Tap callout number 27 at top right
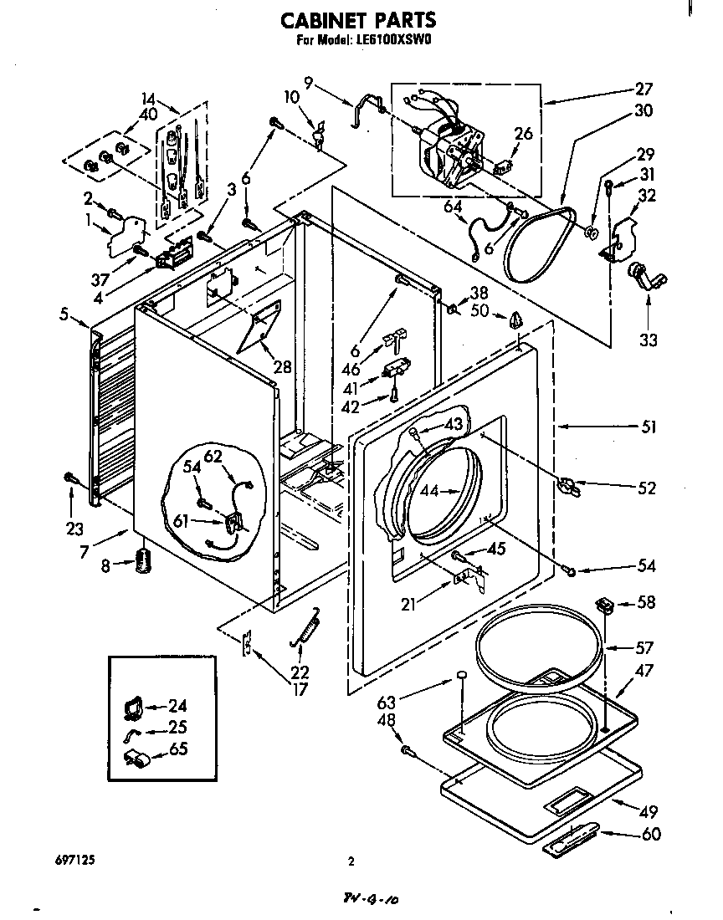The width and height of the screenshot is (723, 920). tap(644, 89)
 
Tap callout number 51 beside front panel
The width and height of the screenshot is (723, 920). tap(648, 427)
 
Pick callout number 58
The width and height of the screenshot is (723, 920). tap(645, 602)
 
